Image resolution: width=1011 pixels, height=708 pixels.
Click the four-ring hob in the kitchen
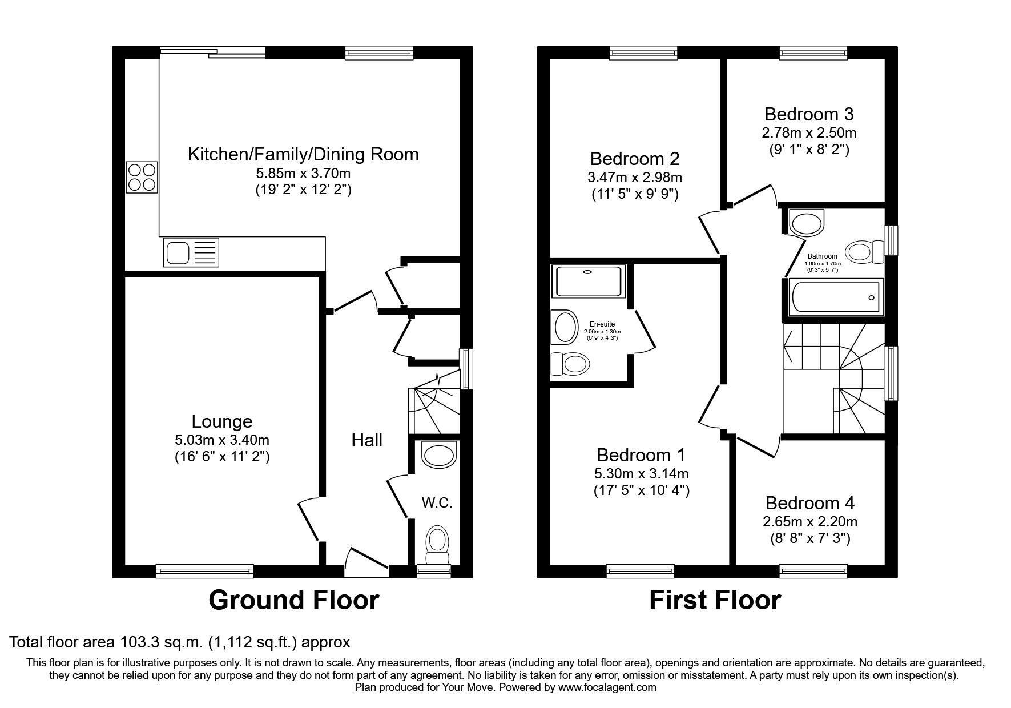[142, 177]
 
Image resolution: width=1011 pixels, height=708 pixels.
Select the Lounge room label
[221, 421]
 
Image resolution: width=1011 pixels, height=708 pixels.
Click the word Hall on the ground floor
[366, 440]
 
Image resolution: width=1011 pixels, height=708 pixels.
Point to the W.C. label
[437, 503]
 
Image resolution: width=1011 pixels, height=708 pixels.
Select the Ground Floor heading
[293, 600]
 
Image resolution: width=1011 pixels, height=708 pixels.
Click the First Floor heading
[715, 600]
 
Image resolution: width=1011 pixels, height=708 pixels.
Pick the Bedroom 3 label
[809, 114]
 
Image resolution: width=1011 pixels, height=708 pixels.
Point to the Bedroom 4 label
[809, 503]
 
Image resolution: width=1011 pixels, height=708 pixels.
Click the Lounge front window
[204, 570]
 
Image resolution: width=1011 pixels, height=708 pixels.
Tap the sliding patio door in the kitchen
[212, 53]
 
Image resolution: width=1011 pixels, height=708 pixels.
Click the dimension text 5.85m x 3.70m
[303, 172]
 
